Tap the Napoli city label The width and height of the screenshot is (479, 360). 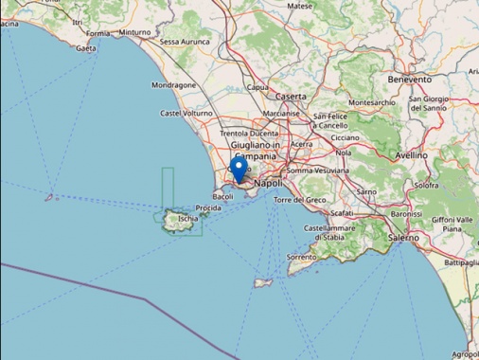coord(270,182)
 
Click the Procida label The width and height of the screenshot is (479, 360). coord(208,207)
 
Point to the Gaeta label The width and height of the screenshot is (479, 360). coord(87,47)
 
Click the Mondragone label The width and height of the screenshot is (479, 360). coord(173,84)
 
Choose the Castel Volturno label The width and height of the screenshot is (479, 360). coord(186,114)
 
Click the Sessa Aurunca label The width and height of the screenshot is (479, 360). coord(184,42)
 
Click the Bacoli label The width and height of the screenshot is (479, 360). coord(223,196)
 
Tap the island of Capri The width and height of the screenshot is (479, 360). coord(263,281)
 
